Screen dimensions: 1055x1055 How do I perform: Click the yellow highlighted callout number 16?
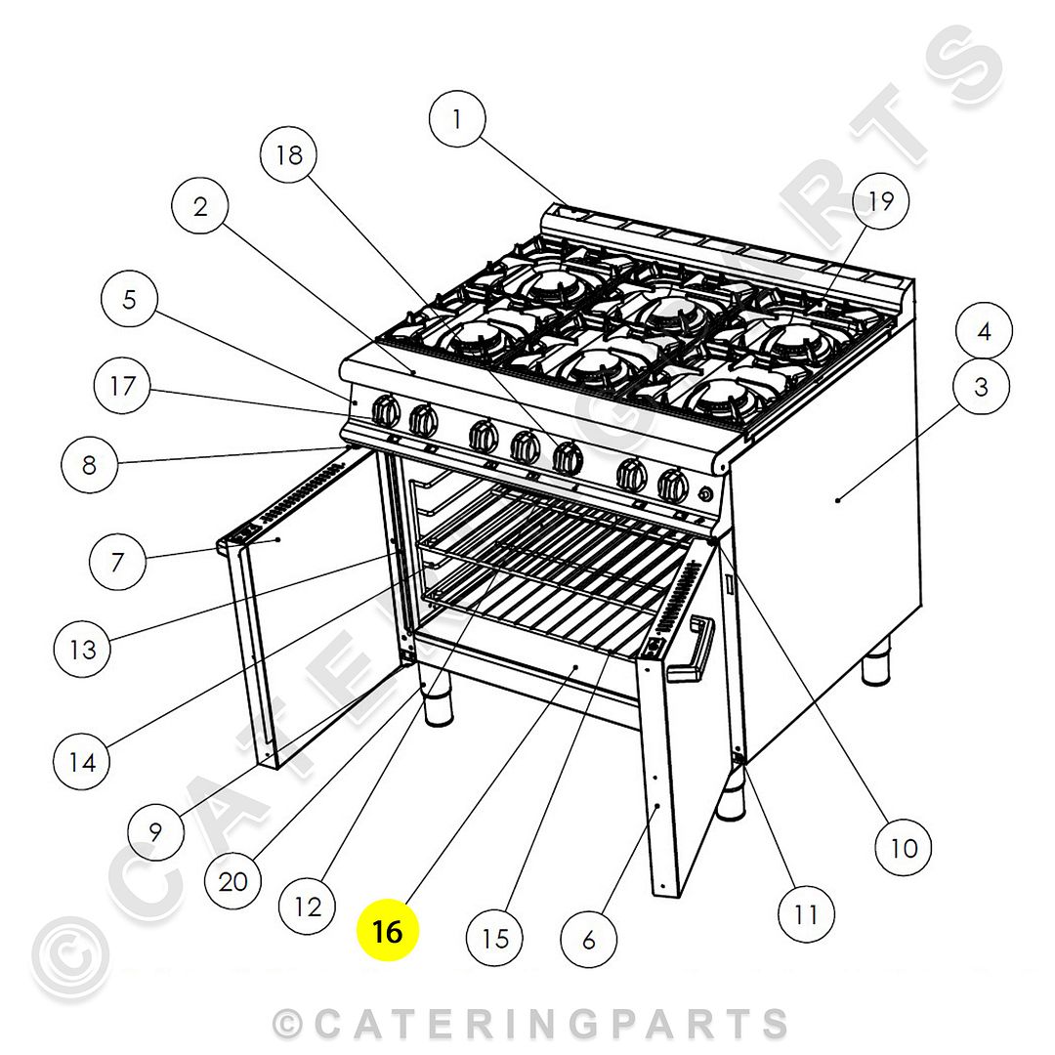click(387, 931)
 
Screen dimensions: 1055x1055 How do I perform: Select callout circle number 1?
click(456, 119)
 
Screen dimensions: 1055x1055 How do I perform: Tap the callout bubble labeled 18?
click(290, 154)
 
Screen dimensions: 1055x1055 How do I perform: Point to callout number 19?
click(880, 201)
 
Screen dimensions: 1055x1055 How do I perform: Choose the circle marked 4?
click(984, 331)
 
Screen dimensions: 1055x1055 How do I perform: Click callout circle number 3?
click(981, 387)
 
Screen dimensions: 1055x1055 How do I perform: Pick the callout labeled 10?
click(904, 847)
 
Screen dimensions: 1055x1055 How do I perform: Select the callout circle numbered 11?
click(806, 913)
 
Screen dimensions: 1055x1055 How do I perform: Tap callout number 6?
click(588, 940)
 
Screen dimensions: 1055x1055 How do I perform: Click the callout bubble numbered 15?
click(495, 939)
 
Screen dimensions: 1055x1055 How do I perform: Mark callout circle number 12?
click(307, 907)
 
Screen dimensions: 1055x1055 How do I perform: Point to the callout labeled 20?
click(232, 882)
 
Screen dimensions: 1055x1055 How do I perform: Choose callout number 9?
click(155, 832)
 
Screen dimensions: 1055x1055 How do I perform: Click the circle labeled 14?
click(82, 761)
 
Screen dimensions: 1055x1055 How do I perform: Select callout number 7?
click(117, 562)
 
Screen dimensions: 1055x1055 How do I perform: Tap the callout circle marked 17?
click(122, 386)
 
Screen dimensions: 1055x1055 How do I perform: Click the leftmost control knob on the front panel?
click(388, 412)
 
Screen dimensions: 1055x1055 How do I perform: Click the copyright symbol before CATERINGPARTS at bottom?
click(288, 1024)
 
